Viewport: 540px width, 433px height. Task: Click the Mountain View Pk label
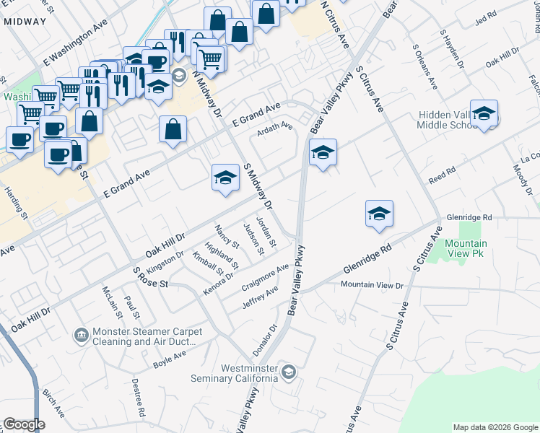click(x=465, y=249)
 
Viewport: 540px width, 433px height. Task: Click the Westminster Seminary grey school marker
click(x=289, y=372)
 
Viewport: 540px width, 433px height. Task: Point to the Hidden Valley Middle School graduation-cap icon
click(x=484, y=114)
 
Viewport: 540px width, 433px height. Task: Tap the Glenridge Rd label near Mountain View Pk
click(x=469, y=216)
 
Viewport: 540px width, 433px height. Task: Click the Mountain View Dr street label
click(x=372, y=285)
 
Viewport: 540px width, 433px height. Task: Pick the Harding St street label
click(x=16, y=204)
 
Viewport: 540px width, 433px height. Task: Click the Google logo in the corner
click(x=24, y=424)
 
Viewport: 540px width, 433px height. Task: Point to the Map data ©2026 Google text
click(x=495, y=427)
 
